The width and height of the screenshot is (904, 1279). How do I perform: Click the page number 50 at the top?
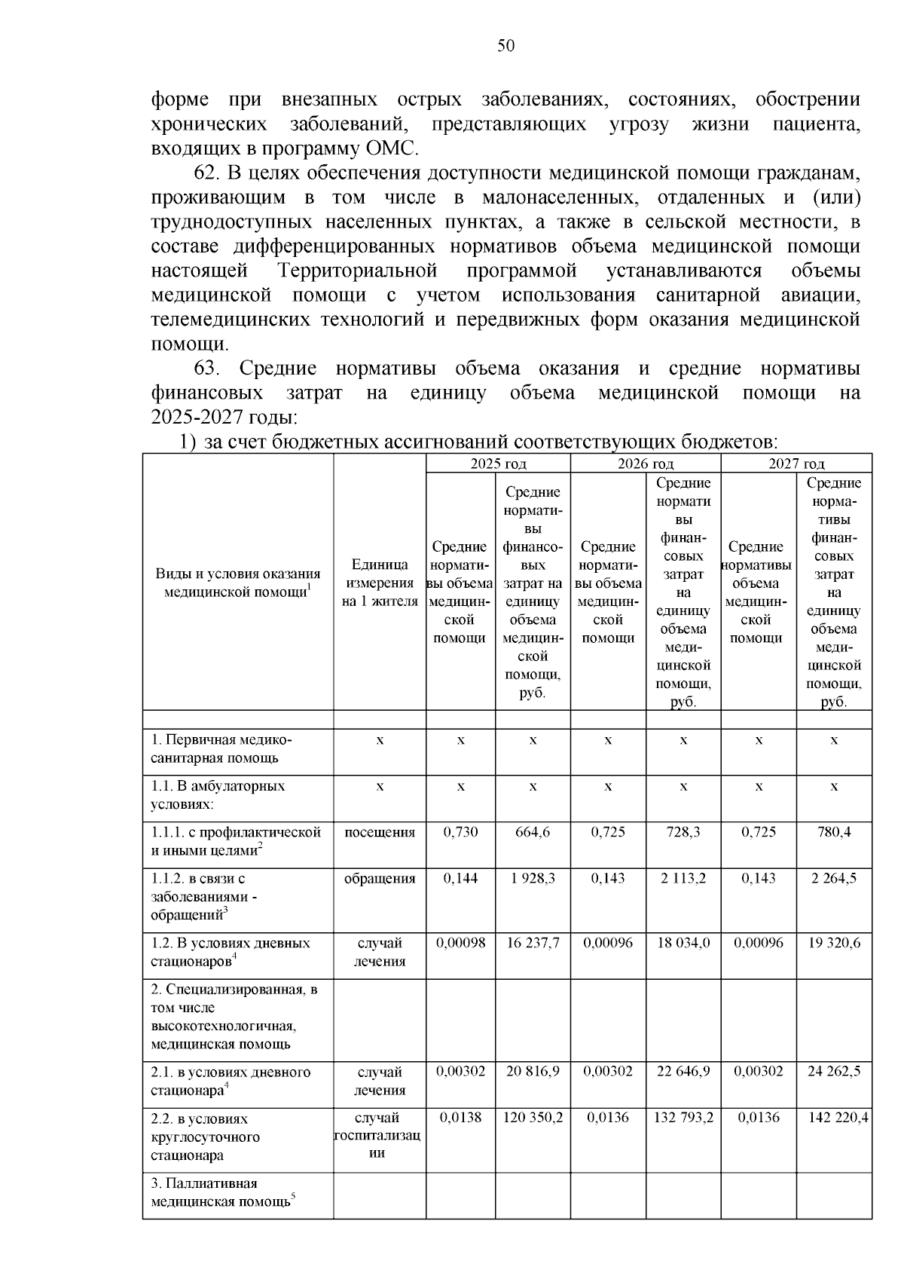(x=505, y=47)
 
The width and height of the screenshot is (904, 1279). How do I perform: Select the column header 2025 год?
(x=498, y=464)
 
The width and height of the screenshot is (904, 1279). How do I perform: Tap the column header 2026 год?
(x=646, y=464)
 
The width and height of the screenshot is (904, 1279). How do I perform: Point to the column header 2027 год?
(x=796, y=464)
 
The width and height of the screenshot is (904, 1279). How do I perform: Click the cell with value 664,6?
(x=533, y=832)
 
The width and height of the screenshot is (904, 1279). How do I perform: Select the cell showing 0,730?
(x=460, y=832)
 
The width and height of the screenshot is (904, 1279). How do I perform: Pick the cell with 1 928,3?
(x=533, y=878)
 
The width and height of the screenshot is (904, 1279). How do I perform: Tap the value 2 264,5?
(x=834, y=878)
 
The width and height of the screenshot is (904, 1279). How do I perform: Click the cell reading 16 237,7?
(x=533, y=943)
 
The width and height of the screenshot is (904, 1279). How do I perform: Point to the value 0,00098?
(x=460, y=943)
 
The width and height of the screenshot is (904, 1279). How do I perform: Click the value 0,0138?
(x=460, y=1118)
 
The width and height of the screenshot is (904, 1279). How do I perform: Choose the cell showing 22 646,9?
(x=683, y=1071)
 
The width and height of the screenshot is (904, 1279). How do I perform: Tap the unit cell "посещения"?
(x=380, y=832)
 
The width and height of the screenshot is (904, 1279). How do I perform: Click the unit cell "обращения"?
(x=380, y=878)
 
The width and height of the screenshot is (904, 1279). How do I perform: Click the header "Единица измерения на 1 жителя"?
(x=380, y=583)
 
